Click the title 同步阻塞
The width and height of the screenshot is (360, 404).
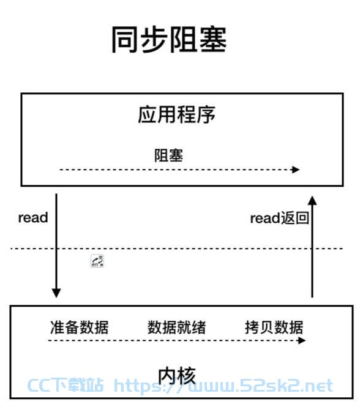(169, 40)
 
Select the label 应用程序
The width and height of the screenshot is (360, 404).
(176, 114)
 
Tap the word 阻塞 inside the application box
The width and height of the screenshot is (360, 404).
(168, 155)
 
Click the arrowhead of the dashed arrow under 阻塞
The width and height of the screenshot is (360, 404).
(295, 170)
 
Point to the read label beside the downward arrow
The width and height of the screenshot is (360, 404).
(33, 217)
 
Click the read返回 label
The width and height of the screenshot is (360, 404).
(280, 218)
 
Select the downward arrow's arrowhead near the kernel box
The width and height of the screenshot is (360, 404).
(56, 293)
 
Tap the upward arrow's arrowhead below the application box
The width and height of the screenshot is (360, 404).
(312, 201)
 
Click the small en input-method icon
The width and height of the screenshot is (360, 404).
(97, 261)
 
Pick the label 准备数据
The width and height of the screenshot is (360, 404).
(80, 327)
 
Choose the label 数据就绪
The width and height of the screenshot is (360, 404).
(176, 327)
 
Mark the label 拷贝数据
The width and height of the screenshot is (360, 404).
(274, 327)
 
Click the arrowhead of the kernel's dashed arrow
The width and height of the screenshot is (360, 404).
(301, 340)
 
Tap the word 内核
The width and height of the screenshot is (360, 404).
(177, 376)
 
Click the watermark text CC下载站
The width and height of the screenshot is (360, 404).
(65, 385)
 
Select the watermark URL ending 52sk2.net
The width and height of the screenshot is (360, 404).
(223, 386)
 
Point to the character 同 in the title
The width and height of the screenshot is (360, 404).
(125, 40)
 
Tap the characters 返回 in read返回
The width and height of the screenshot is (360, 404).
(294, 218)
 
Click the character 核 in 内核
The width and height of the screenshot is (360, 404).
(187, 376)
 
